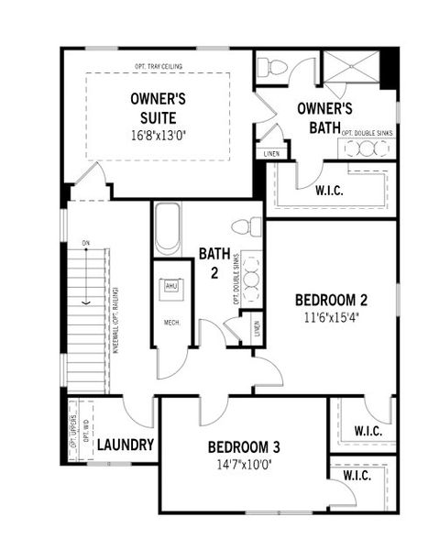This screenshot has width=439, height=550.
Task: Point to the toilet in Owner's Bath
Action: point(272,68)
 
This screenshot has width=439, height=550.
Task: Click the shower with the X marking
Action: point(351,69)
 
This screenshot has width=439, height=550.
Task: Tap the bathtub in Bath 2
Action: point(167,228)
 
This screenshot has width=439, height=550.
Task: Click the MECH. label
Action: point(171,323)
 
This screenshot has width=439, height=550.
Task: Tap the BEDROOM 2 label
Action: point(331,300)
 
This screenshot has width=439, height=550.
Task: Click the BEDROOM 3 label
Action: point(243,447)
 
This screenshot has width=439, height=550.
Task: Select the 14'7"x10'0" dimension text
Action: point(243,464)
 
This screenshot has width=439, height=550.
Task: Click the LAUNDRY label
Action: point(125,445)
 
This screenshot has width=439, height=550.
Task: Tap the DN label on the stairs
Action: point(85,243)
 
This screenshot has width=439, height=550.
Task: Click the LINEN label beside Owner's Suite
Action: point(270,152)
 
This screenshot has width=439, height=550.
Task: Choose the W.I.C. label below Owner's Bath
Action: point(329,191)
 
